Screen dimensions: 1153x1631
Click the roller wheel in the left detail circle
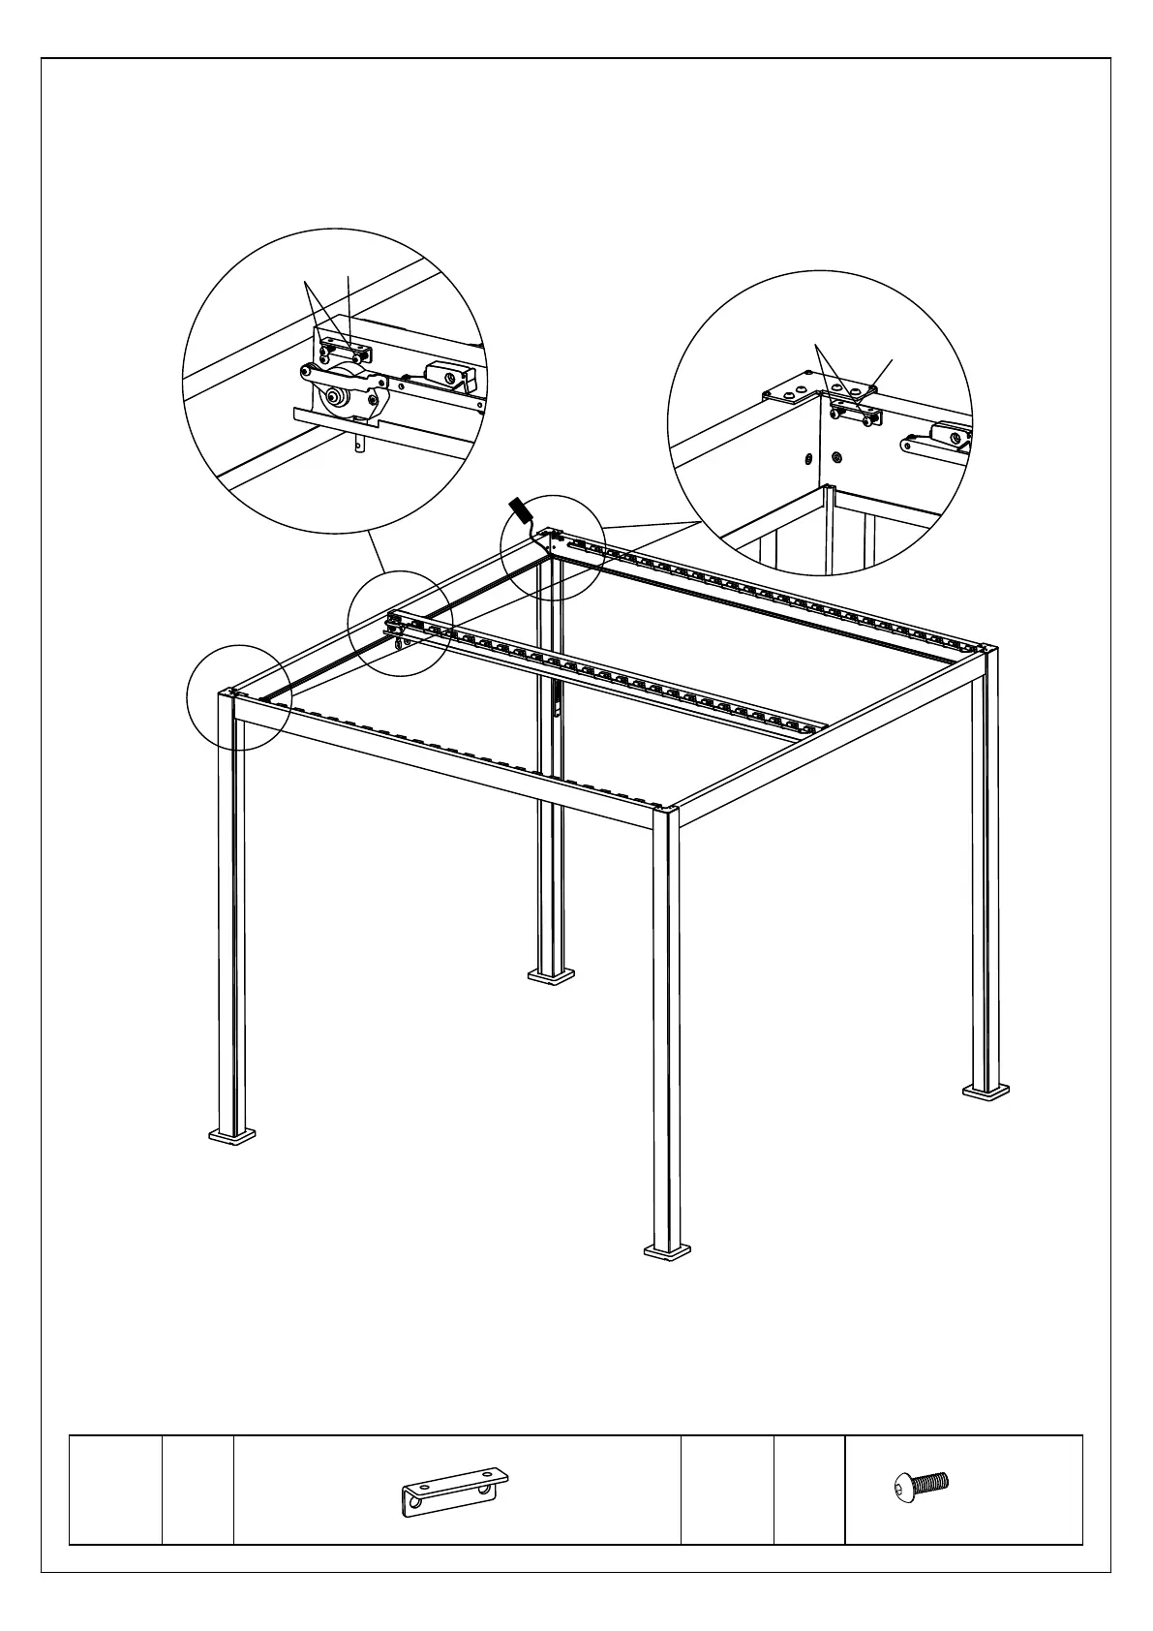pyautogui.click(x=338, y=397)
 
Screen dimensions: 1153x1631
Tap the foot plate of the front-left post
pyautogui.click(x=233, y=1134)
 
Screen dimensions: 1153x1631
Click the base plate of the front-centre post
pyautogui.click(x=668, y=1251)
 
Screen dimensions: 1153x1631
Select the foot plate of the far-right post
pyautogui.click(x=986, y=1092)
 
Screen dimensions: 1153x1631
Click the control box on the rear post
pyautogui.click(x=557, y=703)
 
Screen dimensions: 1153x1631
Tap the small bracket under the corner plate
pyautogui.click(x=856, y=415)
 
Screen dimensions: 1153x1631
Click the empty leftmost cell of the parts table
pyautogui.click(x=114, y=1489)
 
